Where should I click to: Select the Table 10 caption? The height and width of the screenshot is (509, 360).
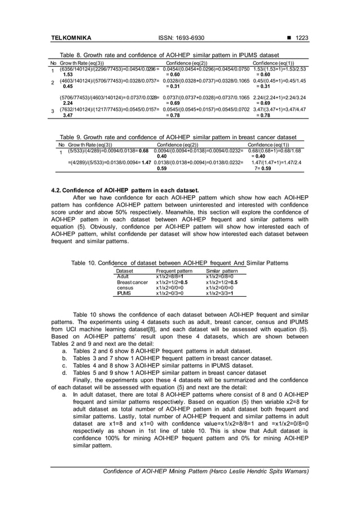[x=179, y=263]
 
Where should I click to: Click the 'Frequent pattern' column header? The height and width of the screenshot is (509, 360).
[x=174, y=271]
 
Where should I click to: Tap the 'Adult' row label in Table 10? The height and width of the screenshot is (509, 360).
[x=122, y=277]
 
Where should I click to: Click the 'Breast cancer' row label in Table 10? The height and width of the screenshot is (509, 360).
[x=132, y=282]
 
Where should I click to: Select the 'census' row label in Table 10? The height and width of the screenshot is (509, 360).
[x=125, y=288]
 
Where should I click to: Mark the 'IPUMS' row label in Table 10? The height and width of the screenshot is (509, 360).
[x=124, y=293]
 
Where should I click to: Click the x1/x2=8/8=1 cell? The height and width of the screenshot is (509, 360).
[x=170, y=277]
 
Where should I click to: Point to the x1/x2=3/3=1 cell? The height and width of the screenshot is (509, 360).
[x=219, y=293]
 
